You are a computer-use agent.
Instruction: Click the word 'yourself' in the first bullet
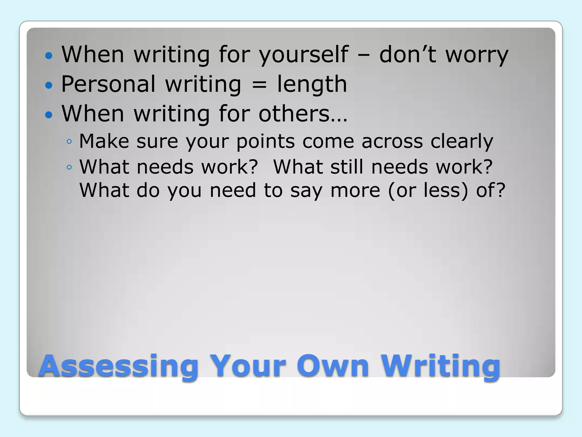[304, 55]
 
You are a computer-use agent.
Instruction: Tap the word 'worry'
[477, 55]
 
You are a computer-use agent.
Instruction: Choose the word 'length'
[312, 84]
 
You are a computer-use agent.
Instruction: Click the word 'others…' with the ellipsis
[303, 114]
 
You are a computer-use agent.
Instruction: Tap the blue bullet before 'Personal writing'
[49, 85]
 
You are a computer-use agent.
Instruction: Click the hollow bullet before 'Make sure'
[69, 141]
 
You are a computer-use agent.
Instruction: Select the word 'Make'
[104, 141]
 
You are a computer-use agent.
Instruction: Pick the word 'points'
[265, 141]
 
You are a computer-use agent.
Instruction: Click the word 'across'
[392, 141]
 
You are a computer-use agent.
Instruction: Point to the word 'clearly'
[462, 141]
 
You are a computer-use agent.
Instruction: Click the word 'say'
[306, 191]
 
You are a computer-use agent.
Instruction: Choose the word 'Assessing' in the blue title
[119, 366]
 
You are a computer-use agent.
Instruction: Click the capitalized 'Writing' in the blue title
[440, 366]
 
